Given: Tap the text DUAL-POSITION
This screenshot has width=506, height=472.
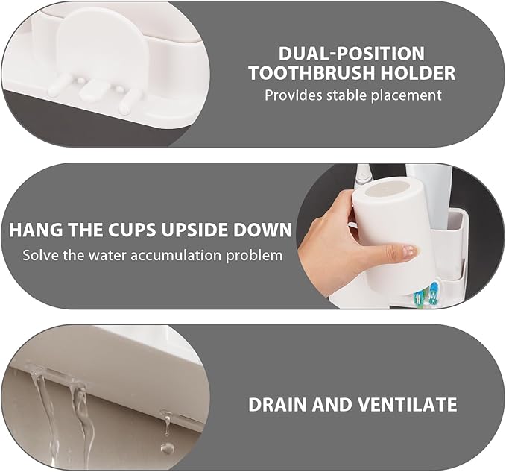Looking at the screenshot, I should (x=352, y=54).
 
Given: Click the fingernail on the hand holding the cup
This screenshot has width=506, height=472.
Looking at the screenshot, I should (x=409, y=252).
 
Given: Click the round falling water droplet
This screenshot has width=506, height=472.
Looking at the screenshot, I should (x=168, y=449).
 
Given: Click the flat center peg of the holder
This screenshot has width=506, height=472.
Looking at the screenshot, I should (x=92, y=90).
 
